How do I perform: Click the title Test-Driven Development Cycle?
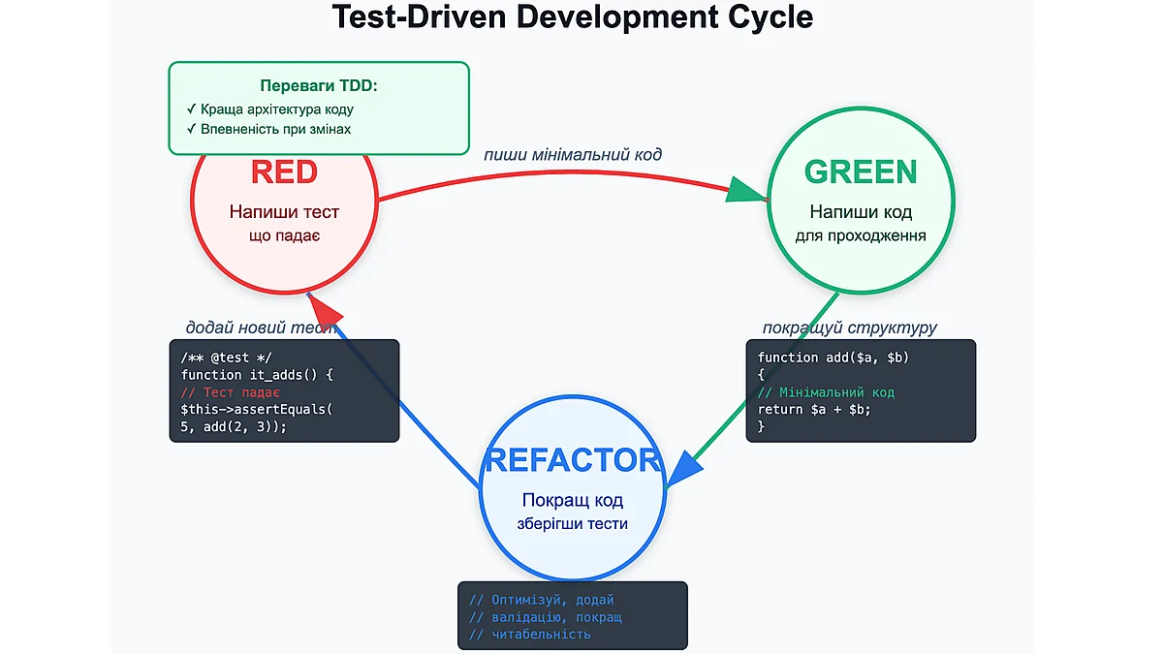pyautogui.click(x=572, y=17)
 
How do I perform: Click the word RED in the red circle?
pyautogui.click(x=284, y=172)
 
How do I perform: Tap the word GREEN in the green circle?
pyautogui.click(x=860, y=171)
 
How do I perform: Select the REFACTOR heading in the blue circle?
pyautogui.click(x=572, y=460)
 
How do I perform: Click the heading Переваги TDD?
pyautogui.click(x=319, y=86)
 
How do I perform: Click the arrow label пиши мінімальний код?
pyautogui.click(x=573, y=155)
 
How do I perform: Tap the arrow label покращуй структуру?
pyautogui.click(x=849, y=327)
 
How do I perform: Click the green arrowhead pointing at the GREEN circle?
pyautogui.click(x=746, y=191)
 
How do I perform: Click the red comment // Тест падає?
pyautogui.click(x=231, y=392)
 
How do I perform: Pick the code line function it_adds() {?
pyautogui.click(x=257, y=375)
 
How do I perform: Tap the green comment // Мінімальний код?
pyautogui.click(x=826, y=392)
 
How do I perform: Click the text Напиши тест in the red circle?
pyautogui.click(x=284, y=211)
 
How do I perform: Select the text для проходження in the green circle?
pyautogui.click(x=860, y=235)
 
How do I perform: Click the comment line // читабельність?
pyautogui.click(x=529, y=634)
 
